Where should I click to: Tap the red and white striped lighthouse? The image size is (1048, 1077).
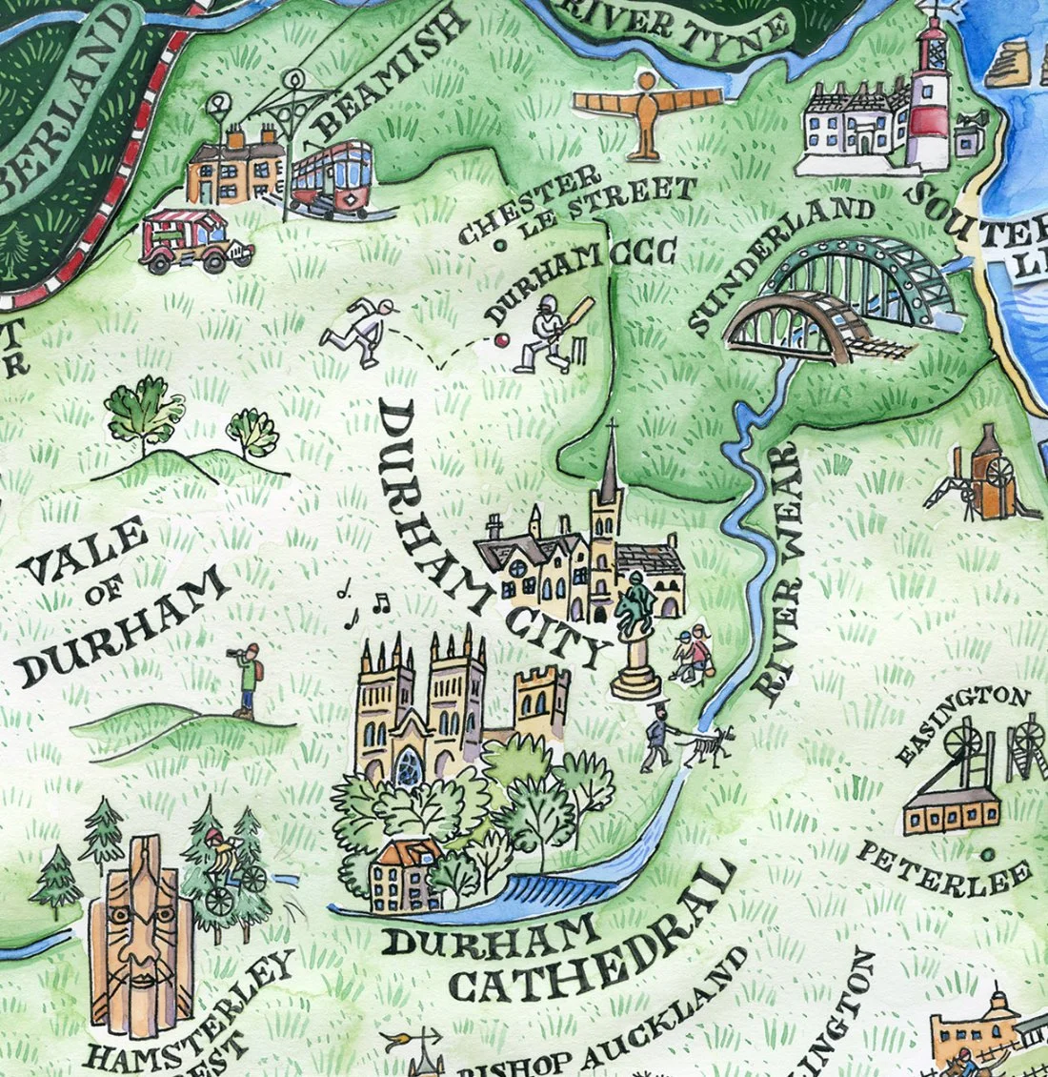[929, 95]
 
